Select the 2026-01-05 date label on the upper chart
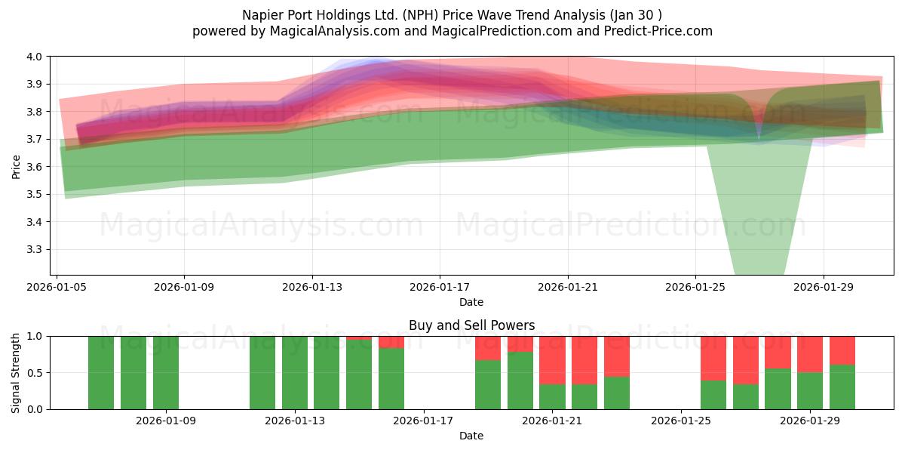click(x=57, y=288)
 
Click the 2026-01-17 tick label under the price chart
click(x=440, y=288)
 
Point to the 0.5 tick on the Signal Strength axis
click(x=36, y=373)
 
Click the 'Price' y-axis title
click(x=17, y=167)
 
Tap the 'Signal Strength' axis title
click(x=17, y=372)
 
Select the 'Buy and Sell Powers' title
click(x=471, y=325)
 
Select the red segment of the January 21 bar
click(x=552, y=360)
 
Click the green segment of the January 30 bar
click(x=842, y=387)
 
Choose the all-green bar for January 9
click(x=166, y=372)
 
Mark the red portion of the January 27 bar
click(x=746, y=360)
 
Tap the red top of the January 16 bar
click(x=391, y=342)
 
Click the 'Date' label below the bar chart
click(x=471, y=436)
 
